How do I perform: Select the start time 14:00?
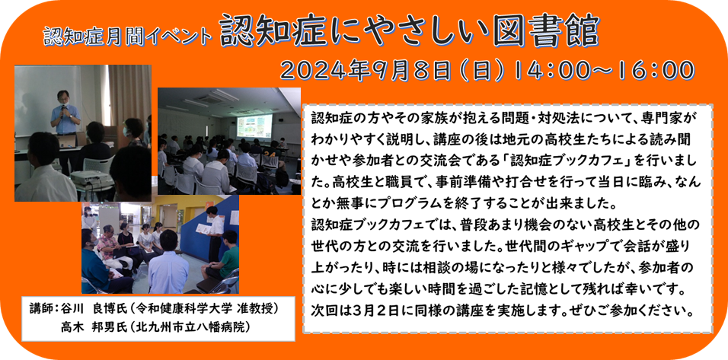point(547,72)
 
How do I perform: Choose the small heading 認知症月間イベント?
point(128,37)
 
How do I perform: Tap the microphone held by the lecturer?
point(64,110)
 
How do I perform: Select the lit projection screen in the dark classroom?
point(254,126)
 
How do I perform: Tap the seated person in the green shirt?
point(225,256)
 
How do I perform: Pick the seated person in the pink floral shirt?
point(107,247)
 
